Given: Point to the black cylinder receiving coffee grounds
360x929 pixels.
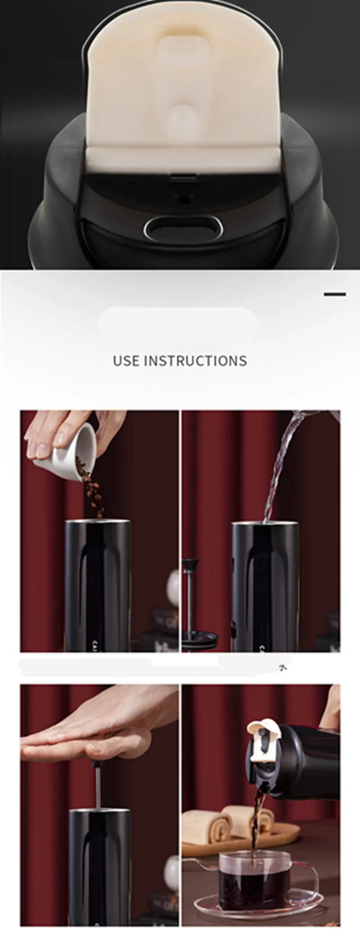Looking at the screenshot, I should pos(98,585).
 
